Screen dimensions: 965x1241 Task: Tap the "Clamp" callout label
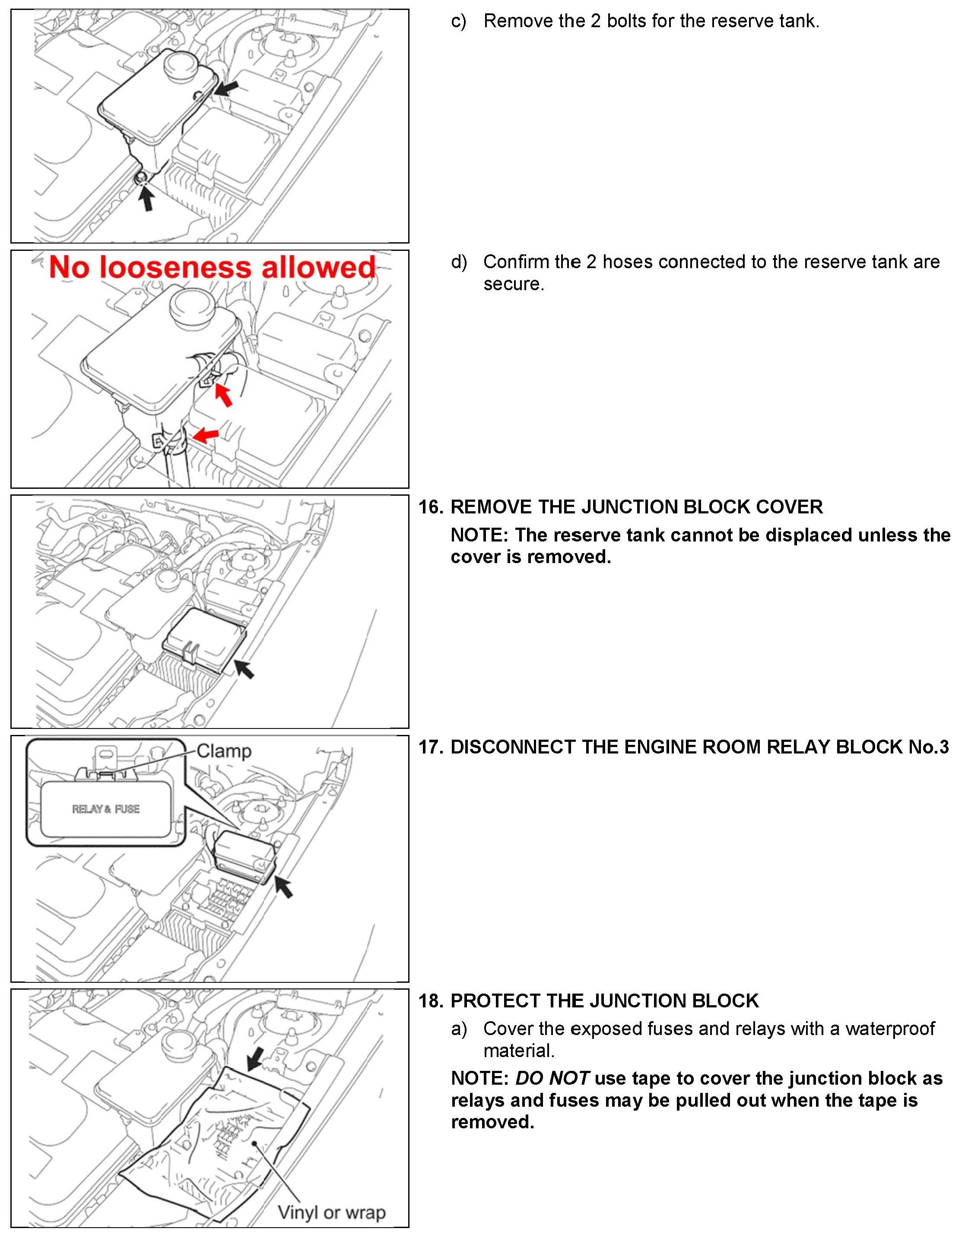[x=224, y=751]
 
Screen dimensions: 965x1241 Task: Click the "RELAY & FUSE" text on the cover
[x=106, y=809]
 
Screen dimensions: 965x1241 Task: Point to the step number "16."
[x=431, y=507]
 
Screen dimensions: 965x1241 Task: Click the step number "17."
[x=431, y=747]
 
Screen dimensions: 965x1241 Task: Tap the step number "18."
[x=431, y=1000]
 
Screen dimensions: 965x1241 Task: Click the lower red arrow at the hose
[x=205, y=436]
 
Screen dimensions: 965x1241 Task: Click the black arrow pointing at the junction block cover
[x=245, y=668]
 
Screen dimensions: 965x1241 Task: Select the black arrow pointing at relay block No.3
[x=284, y=886]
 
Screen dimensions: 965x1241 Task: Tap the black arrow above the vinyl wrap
[x=256, y=1058]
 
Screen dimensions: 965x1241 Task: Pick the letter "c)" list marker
[x=458, y=22]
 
